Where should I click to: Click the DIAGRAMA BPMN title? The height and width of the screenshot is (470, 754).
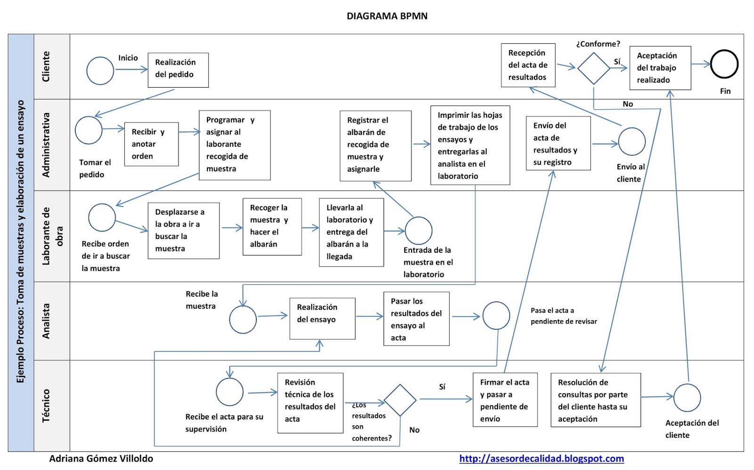(x=387, y=16)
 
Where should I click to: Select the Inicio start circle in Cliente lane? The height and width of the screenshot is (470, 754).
(x=100, y=71)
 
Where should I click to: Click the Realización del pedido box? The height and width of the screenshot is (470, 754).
(x=178, y=70)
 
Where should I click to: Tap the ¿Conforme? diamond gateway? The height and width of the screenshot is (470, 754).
(x=594, y=68)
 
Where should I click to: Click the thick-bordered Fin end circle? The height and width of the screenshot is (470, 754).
(x=724, y=64)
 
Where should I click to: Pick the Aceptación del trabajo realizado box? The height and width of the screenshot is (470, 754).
(x=660, y=68)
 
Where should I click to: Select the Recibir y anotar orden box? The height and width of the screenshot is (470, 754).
(x=151, y=144)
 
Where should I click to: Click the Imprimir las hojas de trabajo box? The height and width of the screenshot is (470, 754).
(x=470, y=145)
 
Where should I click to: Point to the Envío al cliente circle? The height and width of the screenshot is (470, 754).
(x=631, y=141)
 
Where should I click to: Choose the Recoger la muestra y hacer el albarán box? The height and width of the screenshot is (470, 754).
(x=272, y=226)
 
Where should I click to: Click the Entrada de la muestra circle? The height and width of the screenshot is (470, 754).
(x=418, y=231)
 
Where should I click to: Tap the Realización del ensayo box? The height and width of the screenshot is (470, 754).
(x=322, y=319)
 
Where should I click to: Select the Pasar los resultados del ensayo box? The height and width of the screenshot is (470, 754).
(x=416, y=319)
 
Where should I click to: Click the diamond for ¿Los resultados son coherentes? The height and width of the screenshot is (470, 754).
(x=400, y=400)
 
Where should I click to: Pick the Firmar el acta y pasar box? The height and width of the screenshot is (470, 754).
(x=505, y=400)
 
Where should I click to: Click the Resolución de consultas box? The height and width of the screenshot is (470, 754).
(x=595, y=400)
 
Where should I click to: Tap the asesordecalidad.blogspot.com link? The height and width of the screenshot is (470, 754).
(x=541, y=458)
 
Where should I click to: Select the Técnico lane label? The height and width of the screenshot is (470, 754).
(x=46, y=405)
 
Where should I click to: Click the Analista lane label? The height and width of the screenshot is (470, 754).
(x=46, y=321)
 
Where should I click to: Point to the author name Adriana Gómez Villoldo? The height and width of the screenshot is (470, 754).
(x=101, y=458)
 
